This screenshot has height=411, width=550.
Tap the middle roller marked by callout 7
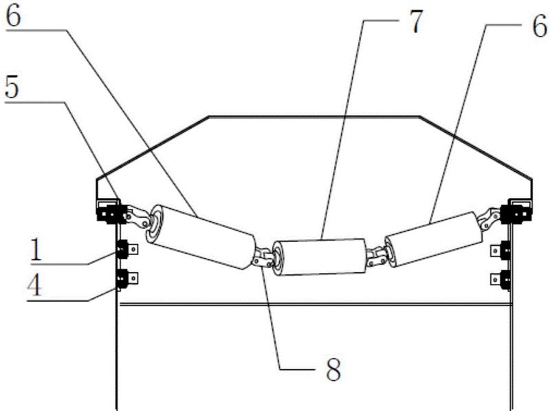319,256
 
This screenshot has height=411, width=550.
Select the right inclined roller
432,239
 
